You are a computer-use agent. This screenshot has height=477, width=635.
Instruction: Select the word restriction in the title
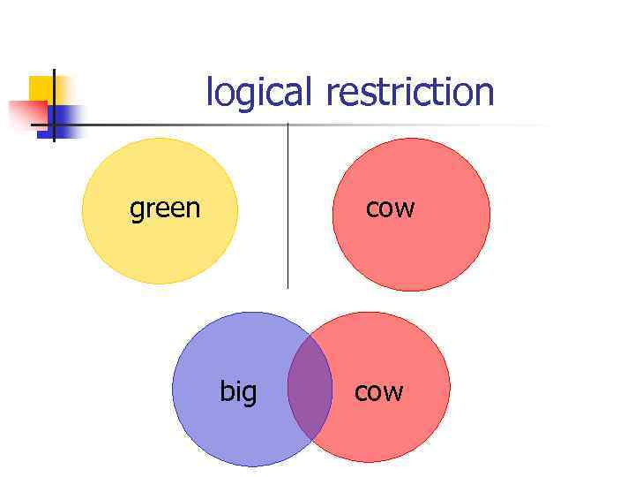(410, 92)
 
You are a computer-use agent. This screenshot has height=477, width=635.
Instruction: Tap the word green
(165, 209)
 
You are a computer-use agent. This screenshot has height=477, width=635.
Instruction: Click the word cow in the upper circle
(390, 209)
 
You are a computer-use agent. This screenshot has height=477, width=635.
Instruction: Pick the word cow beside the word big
(378, 391)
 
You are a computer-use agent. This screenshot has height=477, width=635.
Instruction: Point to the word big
(238, 391)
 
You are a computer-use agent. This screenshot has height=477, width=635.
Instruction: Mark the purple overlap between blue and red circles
(310, 389)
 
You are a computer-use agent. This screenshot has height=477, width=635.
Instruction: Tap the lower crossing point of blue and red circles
(310, 441)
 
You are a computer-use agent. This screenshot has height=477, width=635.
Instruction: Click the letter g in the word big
(250, 394)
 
